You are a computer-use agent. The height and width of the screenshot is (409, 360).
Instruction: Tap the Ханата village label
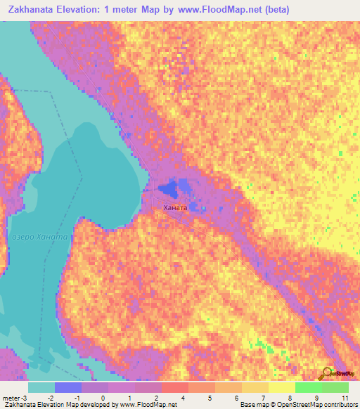click(175, 208)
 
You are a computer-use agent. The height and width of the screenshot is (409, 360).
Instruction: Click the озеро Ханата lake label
click(39, 237)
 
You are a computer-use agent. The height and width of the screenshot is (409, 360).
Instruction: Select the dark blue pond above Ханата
click(169, 189)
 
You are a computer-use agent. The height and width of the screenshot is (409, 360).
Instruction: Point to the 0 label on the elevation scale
click(103, 398)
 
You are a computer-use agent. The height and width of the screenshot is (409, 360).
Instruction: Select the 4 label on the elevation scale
click(184, 398)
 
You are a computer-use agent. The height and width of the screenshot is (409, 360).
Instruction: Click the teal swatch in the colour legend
click(41, 387)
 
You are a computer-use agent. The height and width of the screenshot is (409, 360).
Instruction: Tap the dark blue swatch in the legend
click(68, 387)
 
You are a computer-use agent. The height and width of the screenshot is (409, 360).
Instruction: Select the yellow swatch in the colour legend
click(281, 387)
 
